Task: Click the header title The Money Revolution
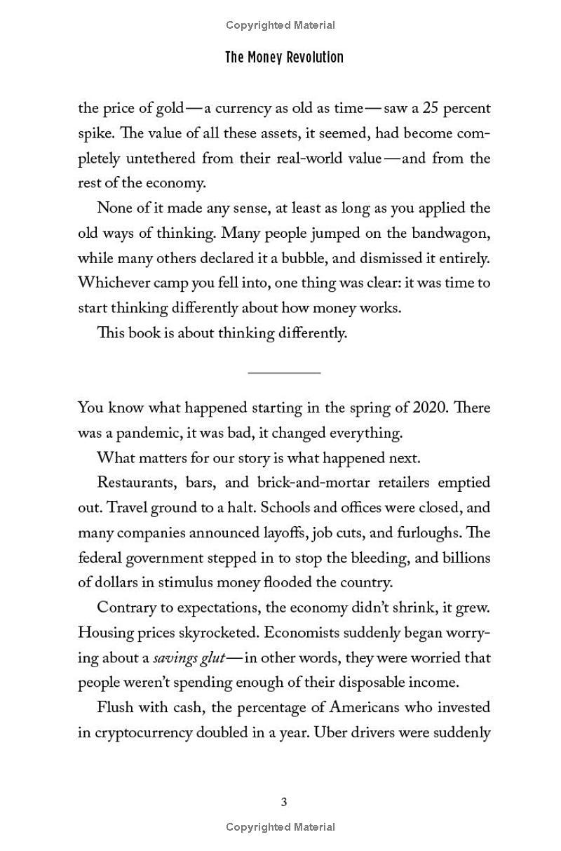pos(284,58)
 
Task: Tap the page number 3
pos(284,803)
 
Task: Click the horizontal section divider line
pos(284,373)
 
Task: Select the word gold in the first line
pos(168,109)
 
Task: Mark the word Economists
pos(303,633)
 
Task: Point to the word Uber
pos(329,733)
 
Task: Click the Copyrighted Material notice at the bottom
pos(280,828)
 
